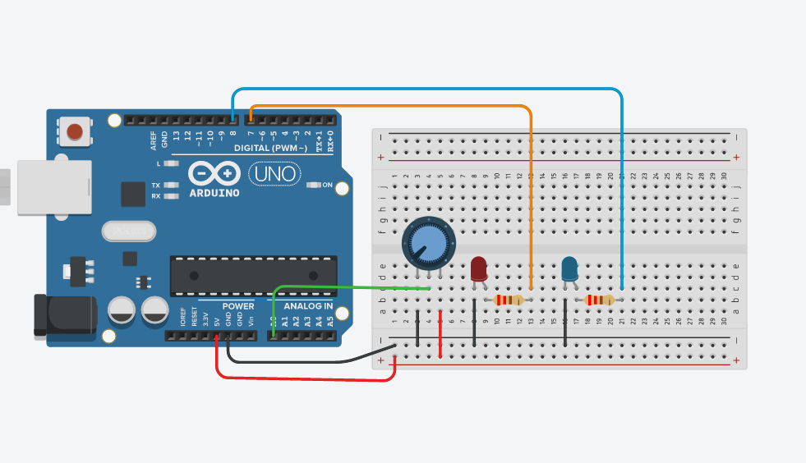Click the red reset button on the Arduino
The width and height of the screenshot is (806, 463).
pos(75,131)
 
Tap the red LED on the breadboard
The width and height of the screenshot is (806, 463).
pos(479,269)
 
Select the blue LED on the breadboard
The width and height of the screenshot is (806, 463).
pos(569,268)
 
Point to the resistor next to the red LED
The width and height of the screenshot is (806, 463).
pos(509,300)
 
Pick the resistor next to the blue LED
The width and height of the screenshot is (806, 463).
pos(600,300)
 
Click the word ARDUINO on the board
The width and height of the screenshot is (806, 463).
pos(214,194)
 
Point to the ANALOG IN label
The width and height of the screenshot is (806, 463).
pos(308,306)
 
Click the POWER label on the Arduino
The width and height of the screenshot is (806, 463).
pos(239,306)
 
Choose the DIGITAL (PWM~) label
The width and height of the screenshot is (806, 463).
pos(270,149)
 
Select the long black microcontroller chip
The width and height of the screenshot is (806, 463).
pos(253,275)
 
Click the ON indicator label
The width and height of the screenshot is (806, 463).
pos(327,185)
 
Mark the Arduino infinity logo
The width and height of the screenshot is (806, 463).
pos(215,174)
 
